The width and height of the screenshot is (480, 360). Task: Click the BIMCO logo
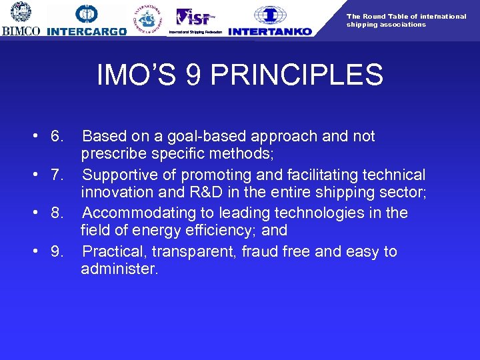(x=21, y=19)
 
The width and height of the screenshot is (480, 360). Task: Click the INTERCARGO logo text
(x=87, y=31)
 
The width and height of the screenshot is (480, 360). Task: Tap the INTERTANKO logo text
(x=269, y=31)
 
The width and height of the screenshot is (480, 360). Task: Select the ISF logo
(x=193, y=16)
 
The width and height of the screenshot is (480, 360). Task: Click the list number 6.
(x=57, y=137)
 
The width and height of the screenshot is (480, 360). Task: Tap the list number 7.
(x=57, y=175)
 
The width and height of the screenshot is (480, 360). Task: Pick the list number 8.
(x=57, y=213)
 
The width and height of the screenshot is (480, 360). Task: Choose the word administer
(x=119, y=269)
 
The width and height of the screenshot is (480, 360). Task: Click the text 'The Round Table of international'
(x=406, y=16)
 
